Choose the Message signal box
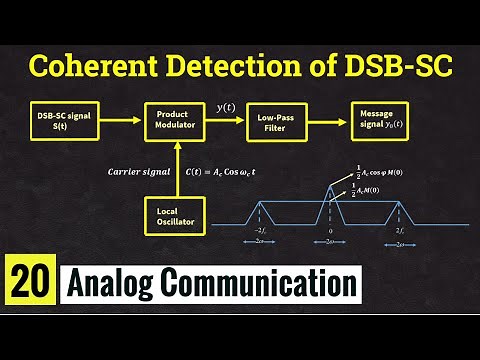point(379,121)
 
